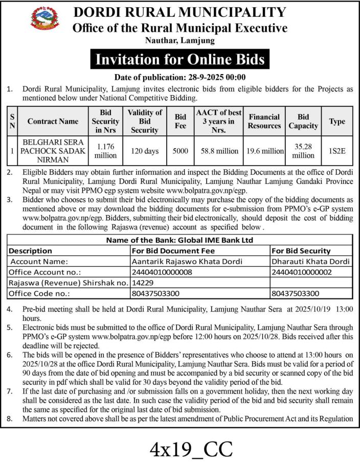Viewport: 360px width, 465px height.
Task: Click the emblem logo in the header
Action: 45,20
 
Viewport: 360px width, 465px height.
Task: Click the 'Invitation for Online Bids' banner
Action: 180,60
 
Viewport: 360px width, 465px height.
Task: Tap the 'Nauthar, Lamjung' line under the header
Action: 180,40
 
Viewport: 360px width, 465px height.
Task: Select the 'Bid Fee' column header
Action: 181,121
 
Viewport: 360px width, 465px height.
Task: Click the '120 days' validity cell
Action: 145,151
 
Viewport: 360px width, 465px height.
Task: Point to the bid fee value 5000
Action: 181,151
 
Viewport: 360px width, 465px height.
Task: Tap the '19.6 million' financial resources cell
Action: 264,151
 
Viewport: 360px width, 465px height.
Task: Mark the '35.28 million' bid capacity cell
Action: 303,151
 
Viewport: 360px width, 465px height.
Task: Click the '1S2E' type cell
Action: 337,151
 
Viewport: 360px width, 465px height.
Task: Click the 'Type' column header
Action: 337,121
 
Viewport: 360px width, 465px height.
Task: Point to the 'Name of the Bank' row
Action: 179,240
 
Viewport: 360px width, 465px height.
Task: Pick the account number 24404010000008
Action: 162,272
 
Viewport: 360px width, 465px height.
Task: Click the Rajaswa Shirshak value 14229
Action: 142,283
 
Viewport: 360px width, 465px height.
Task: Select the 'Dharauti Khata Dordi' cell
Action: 310,262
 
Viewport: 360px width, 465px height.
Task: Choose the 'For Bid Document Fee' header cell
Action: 173,251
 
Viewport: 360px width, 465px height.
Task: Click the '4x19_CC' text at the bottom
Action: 191,449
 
